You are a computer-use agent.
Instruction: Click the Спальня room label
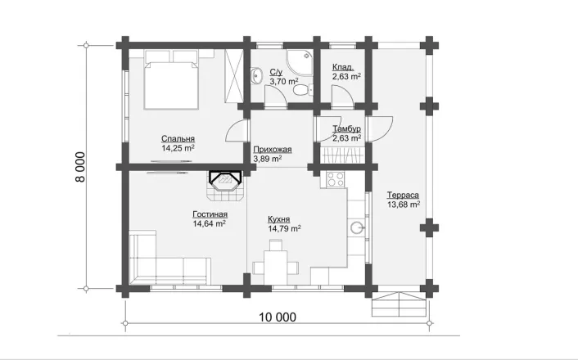tap(178, 139)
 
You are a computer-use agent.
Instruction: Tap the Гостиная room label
tap(210, 214)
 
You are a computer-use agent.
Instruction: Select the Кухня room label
tap(278, 219)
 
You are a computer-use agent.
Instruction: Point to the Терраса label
tap(403, 196)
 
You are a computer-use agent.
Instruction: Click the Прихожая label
tap(273, 150)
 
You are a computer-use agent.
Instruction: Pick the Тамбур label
tap(346, 129)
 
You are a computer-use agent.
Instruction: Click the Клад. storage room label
tap(343, 67)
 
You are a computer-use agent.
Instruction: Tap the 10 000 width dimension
tap(278, 317)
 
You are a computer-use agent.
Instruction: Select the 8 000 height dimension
tap(80, 167)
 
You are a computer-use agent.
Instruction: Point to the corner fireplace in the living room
tap(225, 186)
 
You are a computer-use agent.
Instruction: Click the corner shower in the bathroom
tap(300, 62)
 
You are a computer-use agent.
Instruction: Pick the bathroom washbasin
tap(256, 75)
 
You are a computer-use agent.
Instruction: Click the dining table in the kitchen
tap(275, 262)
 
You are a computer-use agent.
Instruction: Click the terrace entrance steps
tap(400, 304)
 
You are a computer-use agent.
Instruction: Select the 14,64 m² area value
tap(210, 223)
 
